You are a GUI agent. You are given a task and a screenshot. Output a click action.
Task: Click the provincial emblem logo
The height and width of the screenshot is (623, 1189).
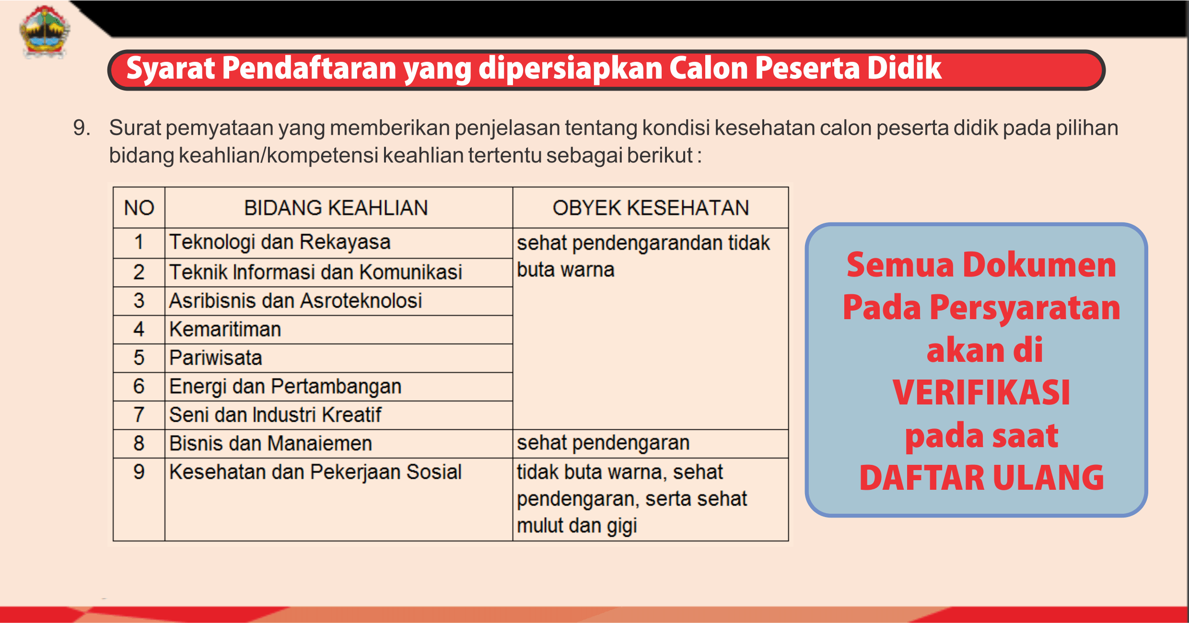45,32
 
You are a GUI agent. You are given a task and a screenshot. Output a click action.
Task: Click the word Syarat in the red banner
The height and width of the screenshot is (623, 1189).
170,69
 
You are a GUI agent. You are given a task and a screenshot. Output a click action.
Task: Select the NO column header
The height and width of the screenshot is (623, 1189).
139,208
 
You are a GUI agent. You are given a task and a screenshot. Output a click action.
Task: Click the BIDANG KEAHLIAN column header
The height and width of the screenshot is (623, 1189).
336,208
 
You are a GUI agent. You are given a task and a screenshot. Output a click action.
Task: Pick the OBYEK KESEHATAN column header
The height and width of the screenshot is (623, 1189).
651,208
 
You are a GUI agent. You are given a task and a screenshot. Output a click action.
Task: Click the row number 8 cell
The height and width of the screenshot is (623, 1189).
139,443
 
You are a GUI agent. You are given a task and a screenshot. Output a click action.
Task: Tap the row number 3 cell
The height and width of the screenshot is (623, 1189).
139,301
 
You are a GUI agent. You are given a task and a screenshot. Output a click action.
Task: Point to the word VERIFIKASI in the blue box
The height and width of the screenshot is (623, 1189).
981,392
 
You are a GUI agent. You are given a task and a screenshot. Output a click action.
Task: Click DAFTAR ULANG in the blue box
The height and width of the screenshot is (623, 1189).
981,478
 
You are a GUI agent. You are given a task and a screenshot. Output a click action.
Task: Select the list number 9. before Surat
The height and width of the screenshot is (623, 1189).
82,128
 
